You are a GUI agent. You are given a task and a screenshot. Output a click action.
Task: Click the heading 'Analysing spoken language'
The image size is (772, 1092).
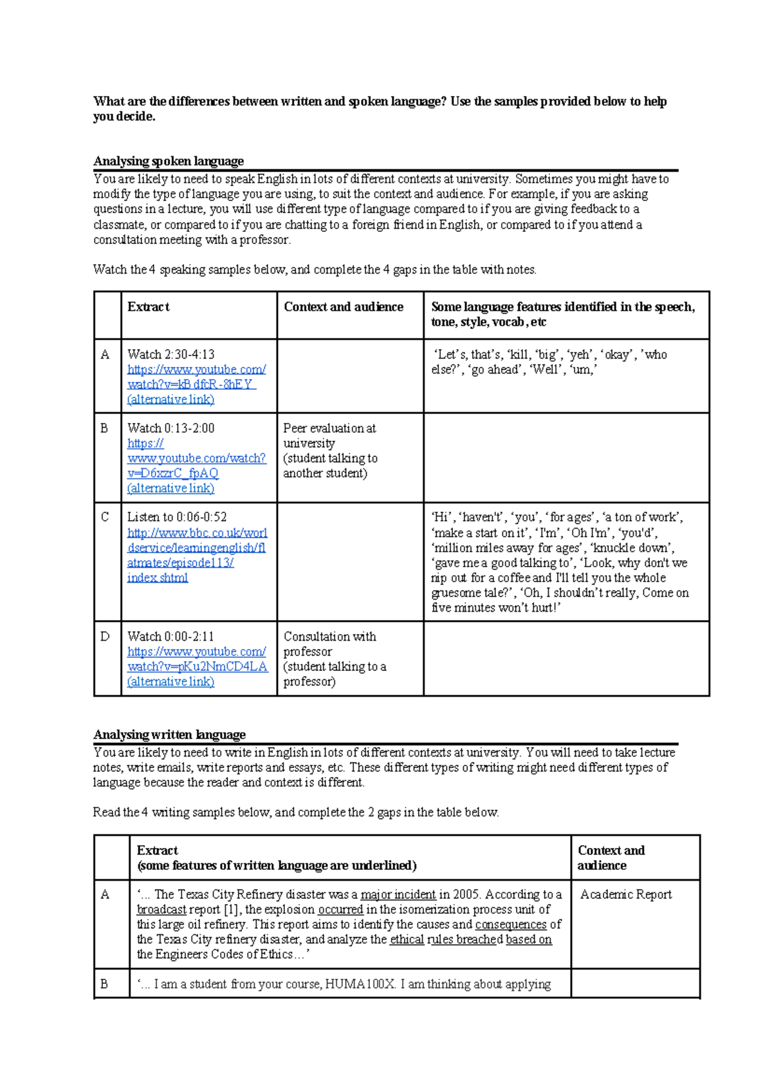pos(168,161)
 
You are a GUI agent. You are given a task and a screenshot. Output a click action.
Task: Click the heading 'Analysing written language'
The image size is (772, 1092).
pos(169,735)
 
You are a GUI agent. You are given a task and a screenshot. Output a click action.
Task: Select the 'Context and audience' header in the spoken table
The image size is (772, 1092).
pos(344,307)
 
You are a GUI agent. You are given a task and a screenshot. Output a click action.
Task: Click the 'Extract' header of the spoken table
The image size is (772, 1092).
pos(149,307)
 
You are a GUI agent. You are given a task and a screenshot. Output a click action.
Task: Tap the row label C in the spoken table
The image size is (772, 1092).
pos(105,517)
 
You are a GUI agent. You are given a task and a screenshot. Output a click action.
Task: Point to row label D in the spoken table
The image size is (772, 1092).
pos(105,637)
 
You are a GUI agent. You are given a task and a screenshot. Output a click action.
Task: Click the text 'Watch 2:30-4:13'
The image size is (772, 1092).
pos(171,354)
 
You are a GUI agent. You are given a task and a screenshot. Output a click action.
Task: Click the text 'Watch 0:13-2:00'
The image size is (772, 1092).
pos(171,428)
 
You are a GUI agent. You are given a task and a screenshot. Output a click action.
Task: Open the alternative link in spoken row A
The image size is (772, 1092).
pos(171,399)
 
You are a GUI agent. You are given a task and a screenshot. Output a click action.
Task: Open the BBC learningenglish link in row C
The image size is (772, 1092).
pos(196,548)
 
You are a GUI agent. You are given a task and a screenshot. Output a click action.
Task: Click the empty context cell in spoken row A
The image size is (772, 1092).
pos(350,376)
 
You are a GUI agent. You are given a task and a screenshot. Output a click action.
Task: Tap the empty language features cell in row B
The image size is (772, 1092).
pos(566,457)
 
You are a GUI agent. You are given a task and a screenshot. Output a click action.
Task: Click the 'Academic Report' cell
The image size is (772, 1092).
pos(626,894)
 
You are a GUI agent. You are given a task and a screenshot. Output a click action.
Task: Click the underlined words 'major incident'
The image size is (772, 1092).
pos(398,894)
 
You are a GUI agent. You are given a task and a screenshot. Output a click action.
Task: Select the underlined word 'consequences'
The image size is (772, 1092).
pos(511,925)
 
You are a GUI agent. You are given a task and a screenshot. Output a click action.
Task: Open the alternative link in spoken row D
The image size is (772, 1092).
pos(171,681)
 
